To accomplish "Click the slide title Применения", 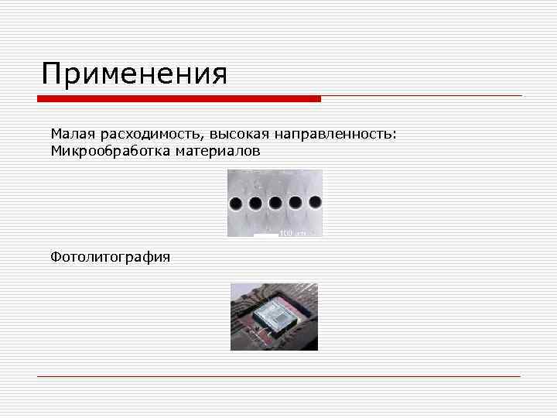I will [135, 75].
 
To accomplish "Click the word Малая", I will [70, 135].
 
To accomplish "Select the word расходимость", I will [140, 135].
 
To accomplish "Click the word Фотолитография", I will [110, 256].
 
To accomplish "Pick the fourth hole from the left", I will [295, 204].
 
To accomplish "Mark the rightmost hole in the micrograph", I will [315, 203].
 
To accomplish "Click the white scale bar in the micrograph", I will [265, 234].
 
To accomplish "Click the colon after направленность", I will [395, 136].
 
